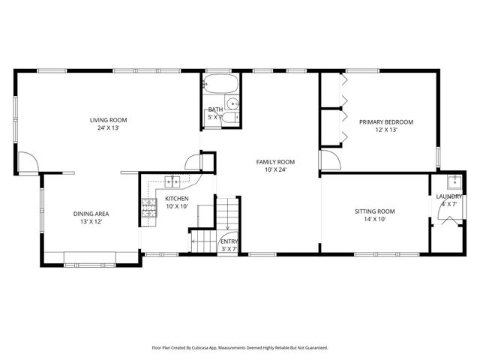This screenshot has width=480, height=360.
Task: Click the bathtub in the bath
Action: pyautogui.click(x=220, y=84)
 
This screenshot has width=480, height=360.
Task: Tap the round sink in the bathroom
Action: pyautogui.click(x=233, y=103)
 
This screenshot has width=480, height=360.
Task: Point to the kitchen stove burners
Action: pyautogui.click(x=147, y=211)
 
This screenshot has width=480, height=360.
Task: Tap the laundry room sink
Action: pyautogui.click(x=453, y=181)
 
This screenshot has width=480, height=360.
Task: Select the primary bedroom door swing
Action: pyautogui.click(x=331, y=161)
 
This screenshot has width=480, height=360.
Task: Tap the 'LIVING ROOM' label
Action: pyautogui.click(x=109, y=120)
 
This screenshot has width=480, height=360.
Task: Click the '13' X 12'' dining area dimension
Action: pyautogui.click(x=87, y=221)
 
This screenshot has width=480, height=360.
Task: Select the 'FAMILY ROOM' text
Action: pyautogui.click(x=275, y=162)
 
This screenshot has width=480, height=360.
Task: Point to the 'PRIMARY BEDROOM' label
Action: pyautogui.click(x=385, y=121)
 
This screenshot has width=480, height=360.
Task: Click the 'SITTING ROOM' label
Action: pyautogui.click(x=374, y=211)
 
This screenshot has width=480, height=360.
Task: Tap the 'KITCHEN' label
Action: pyautogui.click(x=177, y=199)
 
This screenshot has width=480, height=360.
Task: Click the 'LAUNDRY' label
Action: pyautogui.click(x=448, y=196)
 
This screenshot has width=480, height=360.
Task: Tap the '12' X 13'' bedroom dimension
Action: pyautogui.click(x=385, y=129)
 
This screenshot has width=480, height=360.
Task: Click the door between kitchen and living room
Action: pyautogui.click(x=194, y=161)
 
